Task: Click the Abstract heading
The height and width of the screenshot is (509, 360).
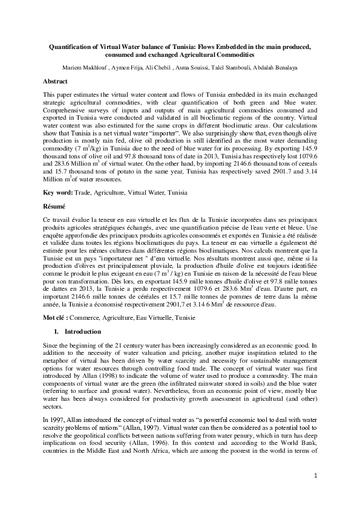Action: coord(55,81)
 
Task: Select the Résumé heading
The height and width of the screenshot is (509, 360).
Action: coord(55,206)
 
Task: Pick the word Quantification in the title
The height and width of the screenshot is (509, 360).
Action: coord(71,47)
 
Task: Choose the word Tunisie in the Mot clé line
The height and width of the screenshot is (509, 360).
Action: coord(184,317)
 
